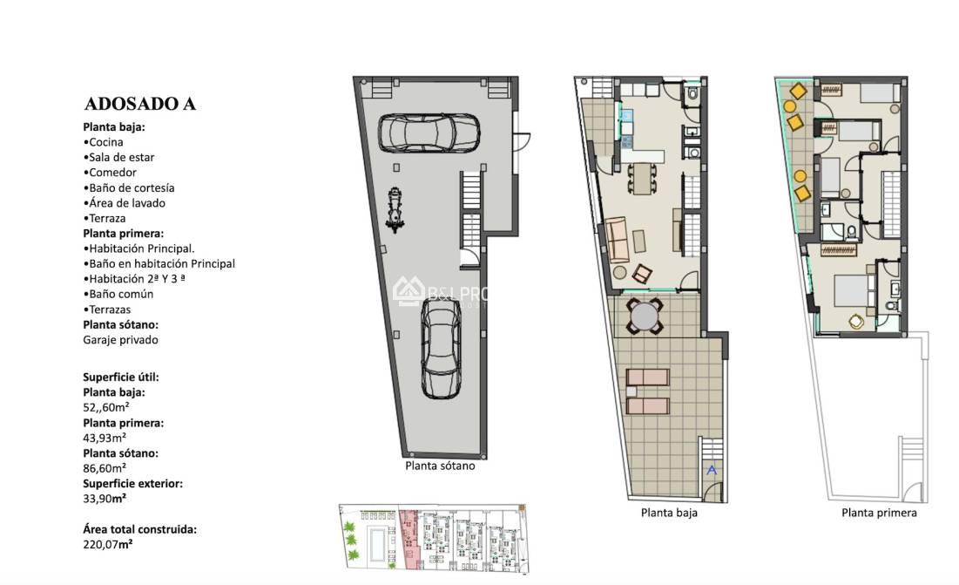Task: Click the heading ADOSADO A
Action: (139, 104)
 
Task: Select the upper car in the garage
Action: (429, 133)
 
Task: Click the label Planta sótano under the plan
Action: (440, 466)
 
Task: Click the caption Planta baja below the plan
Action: (668, 513)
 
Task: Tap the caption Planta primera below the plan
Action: (879, 513)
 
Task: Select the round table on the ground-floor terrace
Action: (645, 316)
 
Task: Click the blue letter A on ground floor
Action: (711, 470)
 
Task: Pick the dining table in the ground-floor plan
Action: (642, 180)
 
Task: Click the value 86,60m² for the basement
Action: (105, 468)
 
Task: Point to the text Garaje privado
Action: (120, 340)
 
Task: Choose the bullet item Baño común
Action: (118, 294)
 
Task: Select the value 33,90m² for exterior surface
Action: (105, 499)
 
